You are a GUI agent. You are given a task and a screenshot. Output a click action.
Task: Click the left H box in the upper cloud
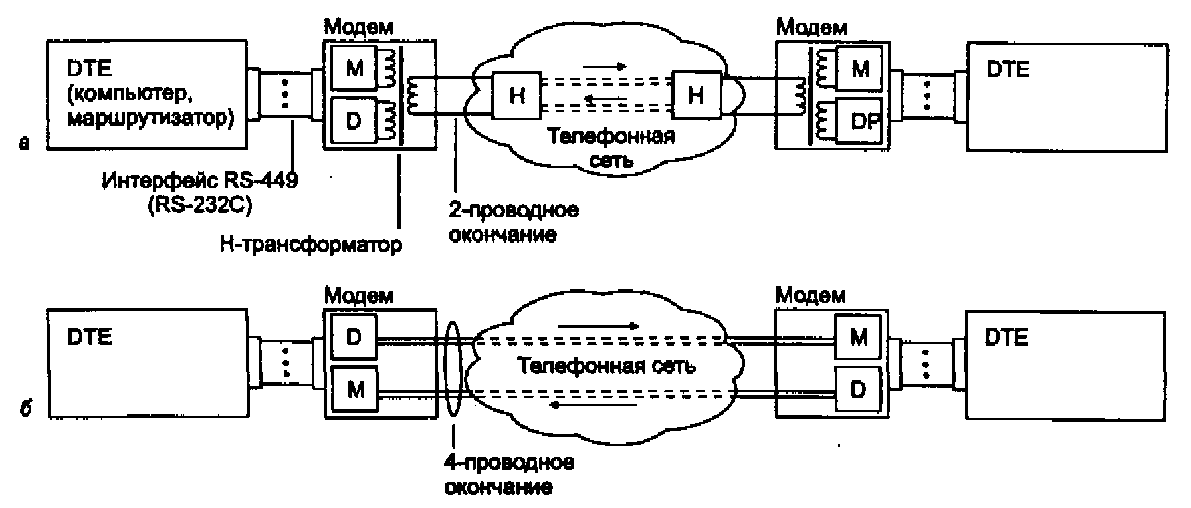click(x=516, y=96)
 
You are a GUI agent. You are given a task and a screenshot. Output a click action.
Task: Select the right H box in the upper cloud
click(x=695, y=96)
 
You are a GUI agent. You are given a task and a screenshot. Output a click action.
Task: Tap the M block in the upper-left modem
click(x=354, y=68)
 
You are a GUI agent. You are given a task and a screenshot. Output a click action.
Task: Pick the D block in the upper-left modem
click(x=354, y=122)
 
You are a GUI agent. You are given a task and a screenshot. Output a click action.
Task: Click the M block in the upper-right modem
click(x=860, y=68)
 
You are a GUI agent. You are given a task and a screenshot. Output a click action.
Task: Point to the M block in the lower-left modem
click(x=355, y=390)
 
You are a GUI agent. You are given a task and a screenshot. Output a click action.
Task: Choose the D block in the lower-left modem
click(x=354, y=337)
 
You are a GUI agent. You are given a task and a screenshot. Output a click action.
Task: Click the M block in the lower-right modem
click(x=859, y=337)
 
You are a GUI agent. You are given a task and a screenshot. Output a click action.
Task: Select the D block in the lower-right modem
click(x=858, y=389)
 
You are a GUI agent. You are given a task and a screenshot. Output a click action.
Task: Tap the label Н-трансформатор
click(x=310, y=245)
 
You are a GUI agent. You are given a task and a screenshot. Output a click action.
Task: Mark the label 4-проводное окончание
click(x=508, y=475)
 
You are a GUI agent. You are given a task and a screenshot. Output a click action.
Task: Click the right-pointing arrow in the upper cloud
click(x=605, y=66)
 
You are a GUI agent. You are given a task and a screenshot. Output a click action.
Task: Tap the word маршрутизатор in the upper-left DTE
click(x=150, y=119)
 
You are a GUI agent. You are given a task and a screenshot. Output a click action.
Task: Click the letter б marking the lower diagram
click(x=25, y=408)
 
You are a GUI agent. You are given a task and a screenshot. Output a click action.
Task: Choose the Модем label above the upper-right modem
click(x=812, y=27)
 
